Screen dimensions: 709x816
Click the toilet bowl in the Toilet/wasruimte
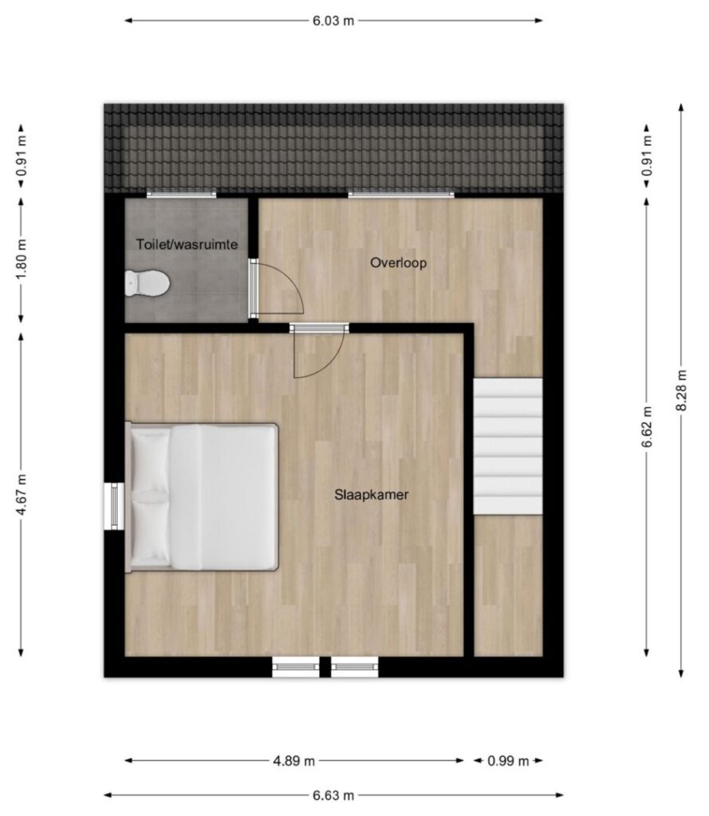148,284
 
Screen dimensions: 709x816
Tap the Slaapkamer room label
372,495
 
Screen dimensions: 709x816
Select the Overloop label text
399,263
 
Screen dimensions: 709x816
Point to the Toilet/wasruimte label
187,244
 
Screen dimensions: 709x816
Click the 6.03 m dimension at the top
333,21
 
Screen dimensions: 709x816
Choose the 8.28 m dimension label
681,390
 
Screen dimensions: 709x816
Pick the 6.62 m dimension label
647,427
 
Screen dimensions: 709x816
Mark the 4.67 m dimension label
22,494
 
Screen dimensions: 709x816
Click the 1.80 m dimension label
22,259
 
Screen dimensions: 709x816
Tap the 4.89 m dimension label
293,761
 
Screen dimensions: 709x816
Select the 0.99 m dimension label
508,761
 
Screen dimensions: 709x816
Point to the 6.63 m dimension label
333,795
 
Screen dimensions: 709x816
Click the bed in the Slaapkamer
202,496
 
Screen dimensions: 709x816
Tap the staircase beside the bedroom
508,446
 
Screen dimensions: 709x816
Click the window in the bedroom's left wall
114,506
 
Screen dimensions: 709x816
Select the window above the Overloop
401,194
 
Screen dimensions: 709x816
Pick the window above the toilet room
181,194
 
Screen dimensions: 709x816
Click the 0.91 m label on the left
22,156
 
